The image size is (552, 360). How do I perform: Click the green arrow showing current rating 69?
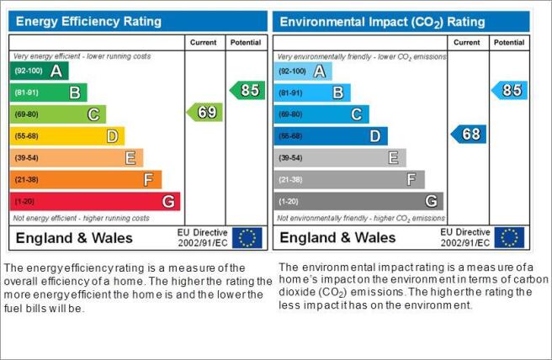[204, 112]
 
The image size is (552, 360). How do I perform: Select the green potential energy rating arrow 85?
[247, 91]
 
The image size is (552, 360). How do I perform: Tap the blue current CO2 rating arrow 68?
[469, 134]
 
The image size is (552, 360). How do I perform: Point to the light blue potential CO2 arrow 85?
[509, 91]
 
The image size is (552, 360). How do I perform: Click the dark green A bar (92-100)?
[39, 71]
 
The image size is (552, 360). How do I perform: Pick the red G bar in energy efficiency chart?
[95, 201]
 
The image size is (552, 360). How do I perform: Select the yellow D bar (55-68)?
[67, 135]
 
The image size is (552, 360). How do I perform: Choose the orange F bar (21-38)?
[86, 179]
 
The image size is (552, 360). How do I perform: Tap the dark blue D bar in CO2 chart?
[331, 135]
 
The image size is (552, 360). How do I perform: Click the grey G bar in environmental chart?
[358, 201]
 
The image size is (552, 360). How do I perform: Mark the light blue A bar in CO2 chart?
[303, 71]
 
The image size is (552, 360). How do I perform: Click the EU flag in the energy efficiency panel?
[247, 238]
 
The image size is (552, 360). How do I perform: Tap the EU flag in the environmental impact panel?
[509, 237]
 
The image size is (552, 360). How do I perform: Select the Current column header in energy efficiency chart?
[203, 43]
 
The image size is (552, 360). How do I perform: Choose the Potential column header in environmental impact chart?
[509, 43]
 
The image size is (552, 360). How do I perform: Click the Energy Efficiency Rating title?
[88, 22]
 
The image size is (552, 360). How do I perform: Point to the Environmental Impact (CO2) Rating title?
[382, 22]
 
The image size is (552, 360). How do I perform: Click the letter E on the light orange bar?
[130, 158]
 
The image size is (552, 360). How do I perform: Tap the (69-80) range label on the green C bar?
[26, 114]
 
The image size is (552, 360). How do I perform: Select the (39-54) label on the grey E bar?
[290, 158]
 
